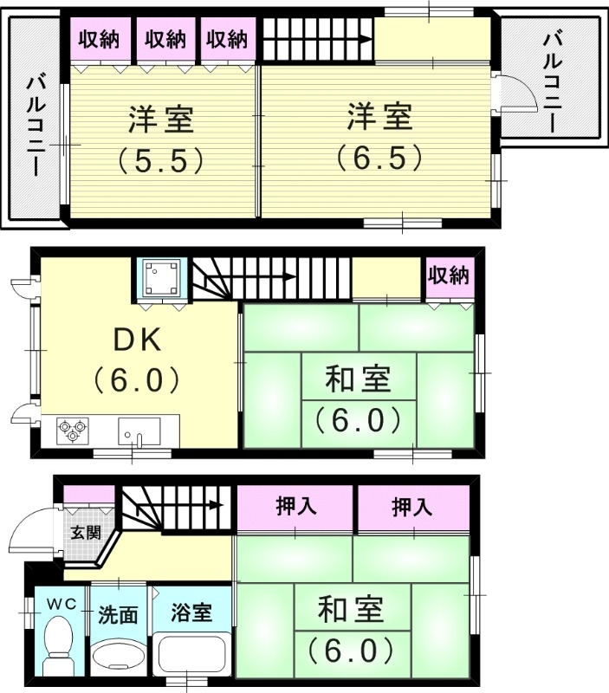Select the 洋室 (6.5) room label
click(379, 136)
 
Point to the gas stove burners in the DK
click(73, 430)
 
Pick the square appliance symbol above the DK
click(161, 277)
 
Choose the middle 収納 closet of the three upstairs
click(165, 39)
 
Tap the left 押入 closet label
click(295, 508)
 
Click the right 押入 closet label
click(411, 508)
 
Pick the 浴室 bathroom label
click(191, 612)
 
